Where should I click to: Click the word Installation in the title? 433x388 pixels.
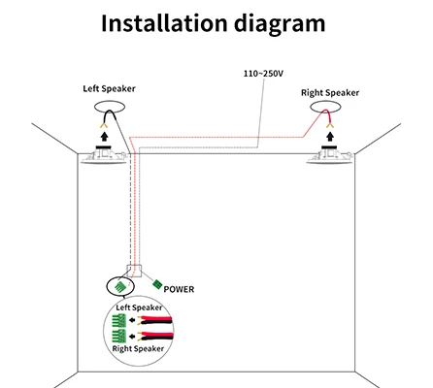coord(164,23)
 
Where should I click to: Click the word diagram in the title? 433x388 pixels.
coord(280,25)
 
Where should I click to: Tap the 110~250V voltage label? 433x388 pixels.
coord(263,74)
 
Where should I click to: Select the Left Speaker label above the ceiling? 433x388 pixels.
coord(109,88)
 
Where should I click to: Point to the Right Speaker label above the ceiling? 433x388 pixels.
coord(330,93)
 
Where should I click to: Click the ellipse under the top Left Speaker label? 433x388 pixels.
coord(110,101)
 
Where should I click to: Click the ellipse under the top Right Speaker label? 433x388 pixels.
coord(325,101)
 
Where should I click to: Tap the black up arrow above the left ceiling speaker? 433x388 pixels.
coord(104,136)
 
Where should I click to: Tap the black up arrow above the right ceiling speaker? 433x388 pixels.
coord(330,136)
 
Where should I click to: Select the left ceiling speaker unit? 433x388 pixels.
coord(104,155)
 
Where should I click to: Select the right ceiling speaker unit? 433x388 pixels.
coord(330,155)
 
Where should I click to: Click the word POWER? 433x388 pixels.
coord(179,289)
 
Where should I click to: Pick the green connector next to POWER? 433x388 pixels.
coord(157,284)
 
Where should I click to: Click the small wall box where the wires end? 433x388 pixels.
coord(134,271)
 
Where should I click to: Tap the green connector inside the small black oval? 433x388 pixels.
coord(120,286)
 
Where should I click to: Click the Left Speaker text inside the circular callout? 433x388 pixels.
coord(139,307)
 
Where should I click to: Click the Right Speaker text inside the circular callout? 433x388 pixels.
coord(138,349)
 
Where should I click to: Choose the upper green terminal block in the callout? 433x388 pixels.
coord(118,321)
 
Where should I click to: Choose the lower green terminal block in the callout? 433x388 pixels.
coord(118,337)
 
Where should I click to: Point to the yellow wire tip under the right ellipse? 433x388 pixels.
coord(330,125)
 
